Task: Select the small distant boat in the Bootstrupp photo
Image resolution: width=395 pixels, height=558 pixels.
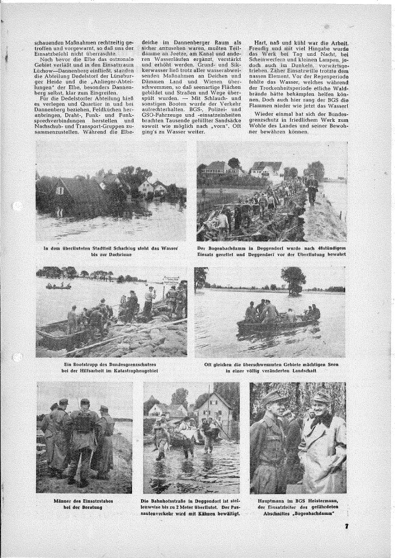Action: [x=58, y=287]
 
